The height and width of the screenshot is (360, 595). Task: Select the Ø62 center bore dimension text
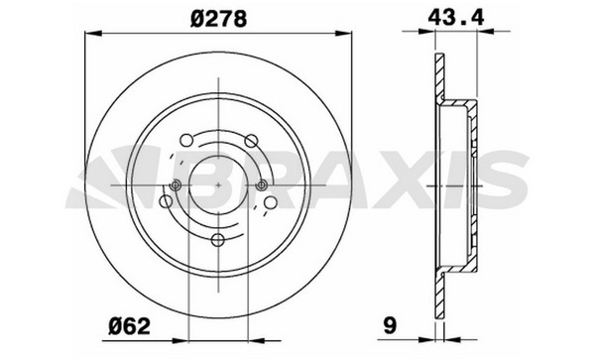click(x=129, y=326)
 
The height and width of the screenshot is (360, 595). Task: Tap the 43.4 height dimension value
click(x=456, y=17)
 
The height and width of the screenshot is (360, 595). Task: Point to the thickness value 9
click(x=390, y=325)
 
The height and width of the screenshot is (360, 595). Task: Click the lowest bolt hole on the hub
click(x=218, y=239)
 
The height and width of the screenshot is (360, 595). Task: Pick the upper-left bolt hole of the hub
click(x=186, y=140)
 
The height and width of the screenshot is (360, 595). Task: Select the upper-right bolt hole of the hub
click(x=251, y=141)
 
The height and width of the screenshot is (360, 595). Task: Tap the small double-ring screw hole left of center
click(x=176, y=185)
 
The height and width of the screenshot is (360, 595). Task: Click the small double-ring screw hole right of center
click(x=261, y=185)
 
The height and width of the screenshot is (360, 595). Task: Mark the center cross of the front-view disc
click(x=218, y=185)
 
